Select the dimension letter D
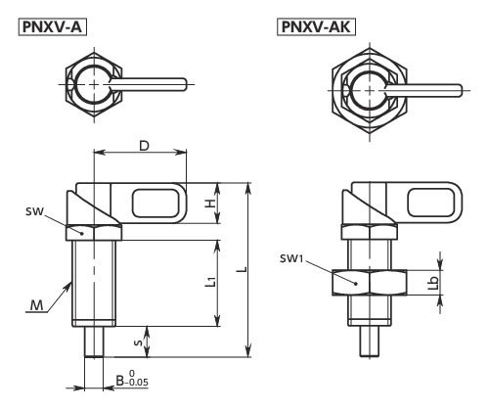143,146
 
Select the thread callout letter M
36,307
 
